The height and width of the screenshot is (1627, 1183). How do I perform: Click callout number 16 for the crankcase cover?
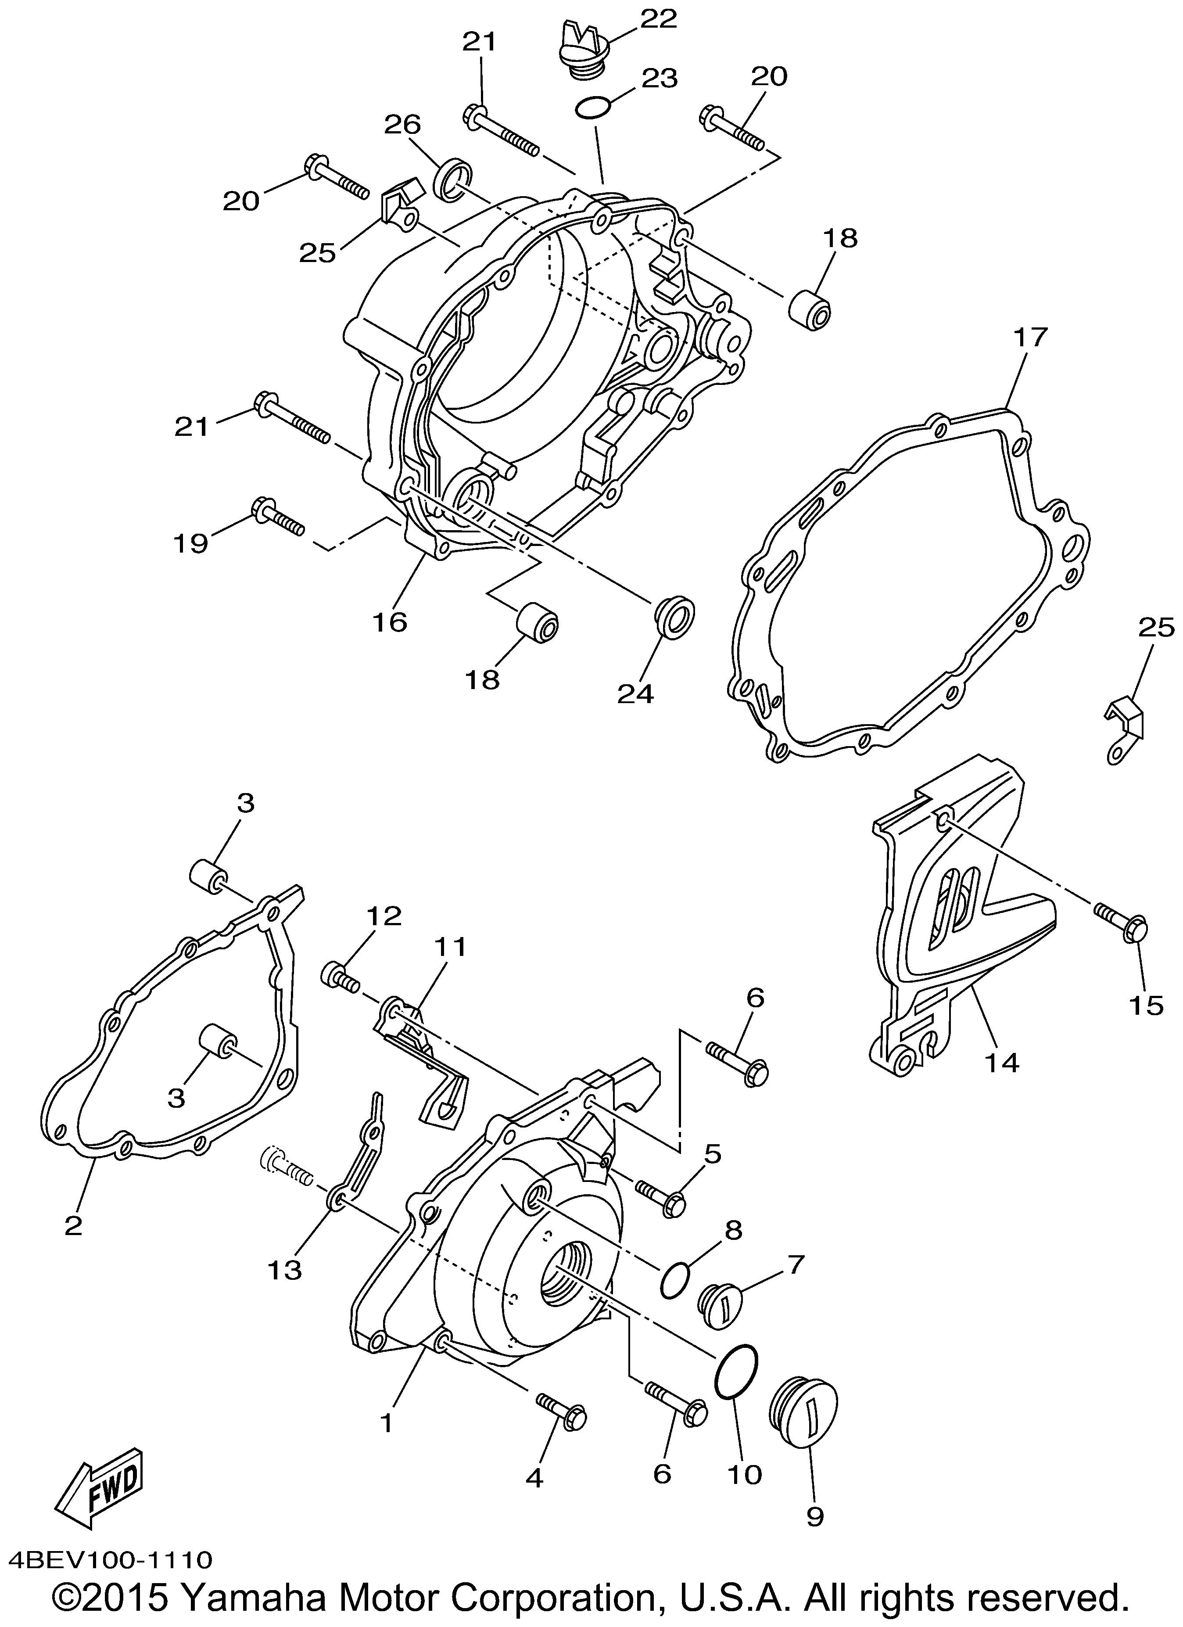390,621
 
